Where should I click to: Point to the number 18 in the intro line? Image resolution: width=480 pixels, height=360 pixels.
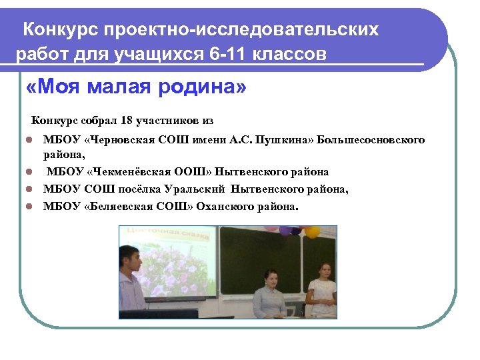[127, 121]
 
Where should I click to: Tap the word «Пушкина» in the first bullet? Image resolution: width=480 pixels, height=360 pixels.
[283, 140]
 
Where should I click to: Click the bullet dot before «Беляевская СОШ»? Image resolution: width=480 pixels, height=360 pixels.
[29, 207]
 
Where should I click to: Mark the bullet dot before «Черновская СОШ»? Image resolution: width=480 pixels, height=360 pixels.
[29, 141]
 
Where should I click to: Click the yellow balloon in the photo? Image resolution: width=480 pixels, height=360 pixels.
[313, 232]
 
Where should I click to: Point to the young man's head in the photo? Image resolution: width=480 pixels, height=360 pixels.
[129, 256]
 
